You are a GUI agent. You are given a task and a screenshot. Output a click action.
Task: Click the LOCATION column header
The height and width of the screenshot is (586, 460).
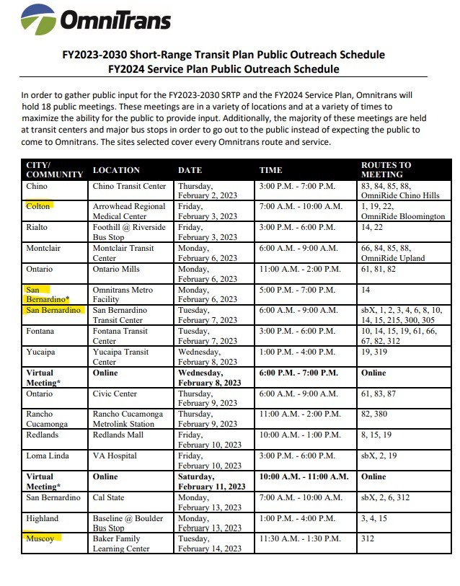point(115,170)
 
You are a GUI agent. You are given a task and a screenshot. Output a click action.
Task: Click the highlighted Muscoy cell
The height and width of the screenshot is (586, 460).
point(41,538)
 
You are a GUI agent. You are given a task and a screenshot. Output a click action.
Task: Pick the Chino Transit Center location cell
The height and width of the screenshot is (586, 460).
point(129,186)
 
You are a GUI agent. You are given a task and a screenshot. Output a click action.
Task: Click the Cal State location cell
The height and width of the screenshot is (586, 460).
point(110,497)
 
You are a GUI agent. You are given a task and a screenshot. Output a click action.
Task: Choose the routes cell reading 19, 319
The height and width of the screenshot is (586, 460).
point(376,352)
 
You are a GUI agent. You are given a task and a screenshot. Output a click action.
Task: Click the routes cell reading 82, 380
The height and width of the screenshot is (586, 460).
point(376,414)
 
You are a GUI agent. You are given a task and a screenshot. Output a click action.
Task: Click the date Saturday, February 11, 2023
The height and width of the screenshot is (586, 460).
point(211,481)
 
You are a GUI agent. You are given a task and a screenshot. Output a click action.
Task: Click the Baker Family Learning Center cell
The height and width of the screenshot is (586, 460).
point(121,543)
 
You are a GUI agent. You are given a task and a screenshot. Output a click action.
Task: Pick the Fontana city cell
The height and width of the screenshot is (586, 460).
point(42,331)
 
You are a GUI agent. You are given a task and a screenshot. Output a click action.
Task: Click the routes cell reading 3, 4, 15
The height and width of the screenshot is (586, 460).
point(375,518)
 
